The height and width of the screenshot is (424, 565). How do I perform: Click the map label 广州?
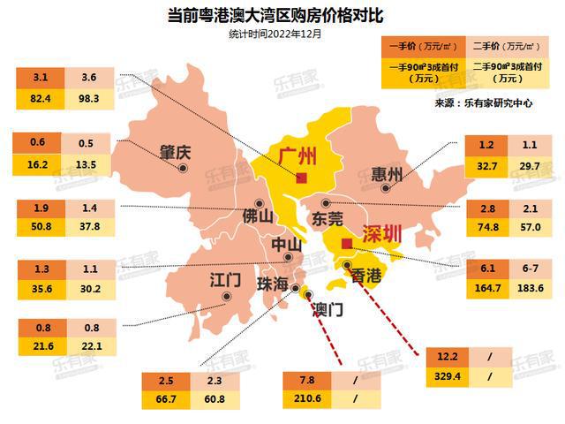click(298, 157)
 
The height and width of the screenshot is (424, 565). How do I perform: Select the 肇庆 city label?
click(176, 152)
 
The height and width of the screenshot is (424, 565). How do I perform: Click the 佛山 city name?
click(260, 215)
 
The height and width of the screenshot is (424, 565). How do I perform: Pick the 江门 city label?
click(226, 280)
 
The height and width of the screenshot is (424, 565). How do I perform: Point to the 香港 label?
click(366, 276)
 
